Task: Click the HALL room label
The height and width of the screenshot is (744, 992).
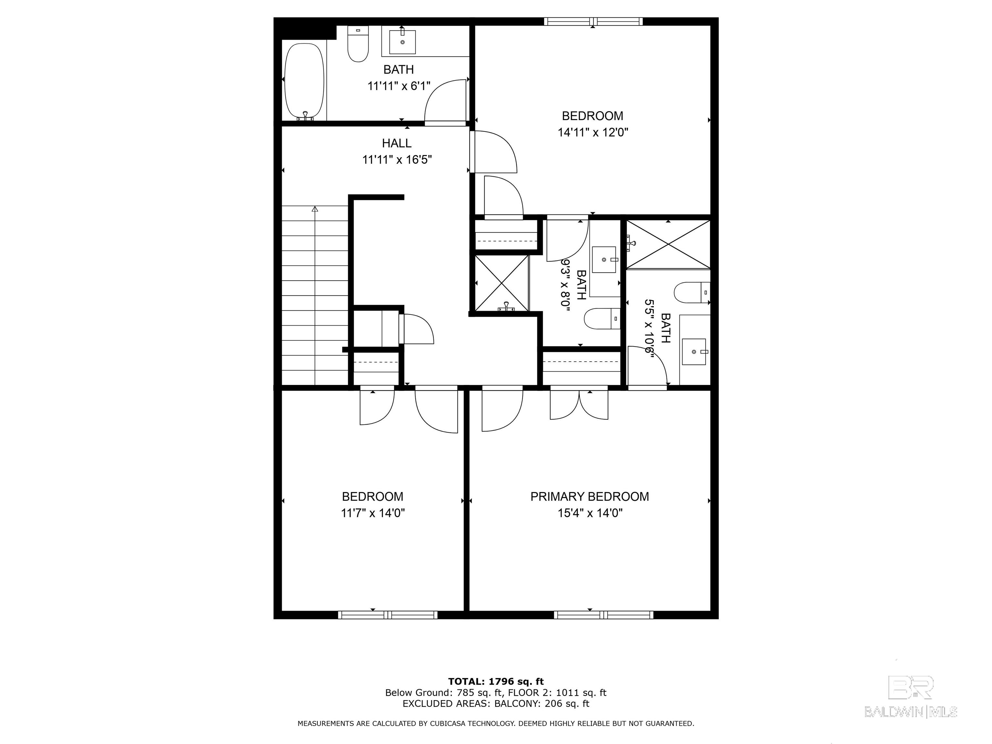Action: [x=397, y=143]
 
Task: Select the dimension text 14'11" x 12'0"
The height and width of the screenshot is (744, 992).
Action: [x=593, y=132]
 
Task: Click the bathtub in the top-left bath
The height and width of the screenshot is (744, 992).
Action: [x=305, y=81]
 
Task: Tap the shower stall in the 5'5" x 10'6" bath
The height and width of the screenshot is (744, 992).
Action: [x=668, y=244]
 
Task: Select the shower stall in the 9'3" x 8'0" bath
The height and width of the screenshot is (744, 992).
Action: [x=502, y=283]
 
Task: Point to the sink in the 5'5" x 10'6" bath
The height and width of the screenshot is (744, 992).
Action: [x=694, y=352]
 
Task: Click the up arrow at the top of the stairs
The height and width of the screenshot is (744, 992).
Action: [x=315, y=209]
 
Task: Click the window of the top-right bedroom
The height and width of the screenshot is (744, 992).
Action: [x=593, y=22]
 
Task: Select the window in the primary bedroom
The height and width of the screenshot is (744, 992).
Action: [x=603, y=615]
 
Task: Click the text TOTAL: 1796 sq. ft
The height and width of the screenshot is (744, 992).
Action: [x=496, y=682]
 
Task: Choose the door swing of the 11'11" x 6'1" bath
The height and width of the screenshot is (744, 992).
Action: [x=445, y=100]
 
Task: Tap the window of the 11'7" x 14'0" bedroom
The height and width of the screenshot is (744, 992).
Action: [x=388, y=615]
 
